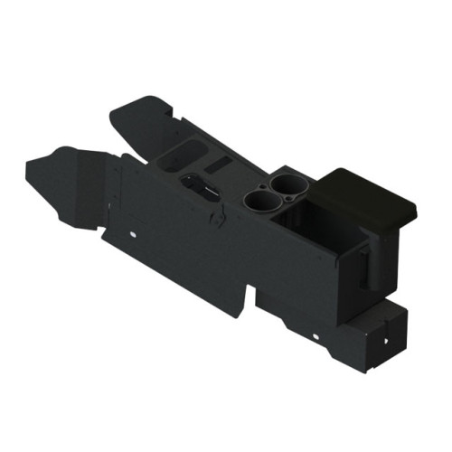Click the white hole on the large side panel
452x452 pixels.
(x=134, y=236)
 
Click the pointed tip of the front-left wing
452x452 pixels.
(x=30, y=165)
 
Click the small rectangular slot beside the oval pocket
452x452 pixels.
(x=217, y=164)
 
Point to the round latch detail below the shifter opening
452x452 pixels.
(x=219, y=217)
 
